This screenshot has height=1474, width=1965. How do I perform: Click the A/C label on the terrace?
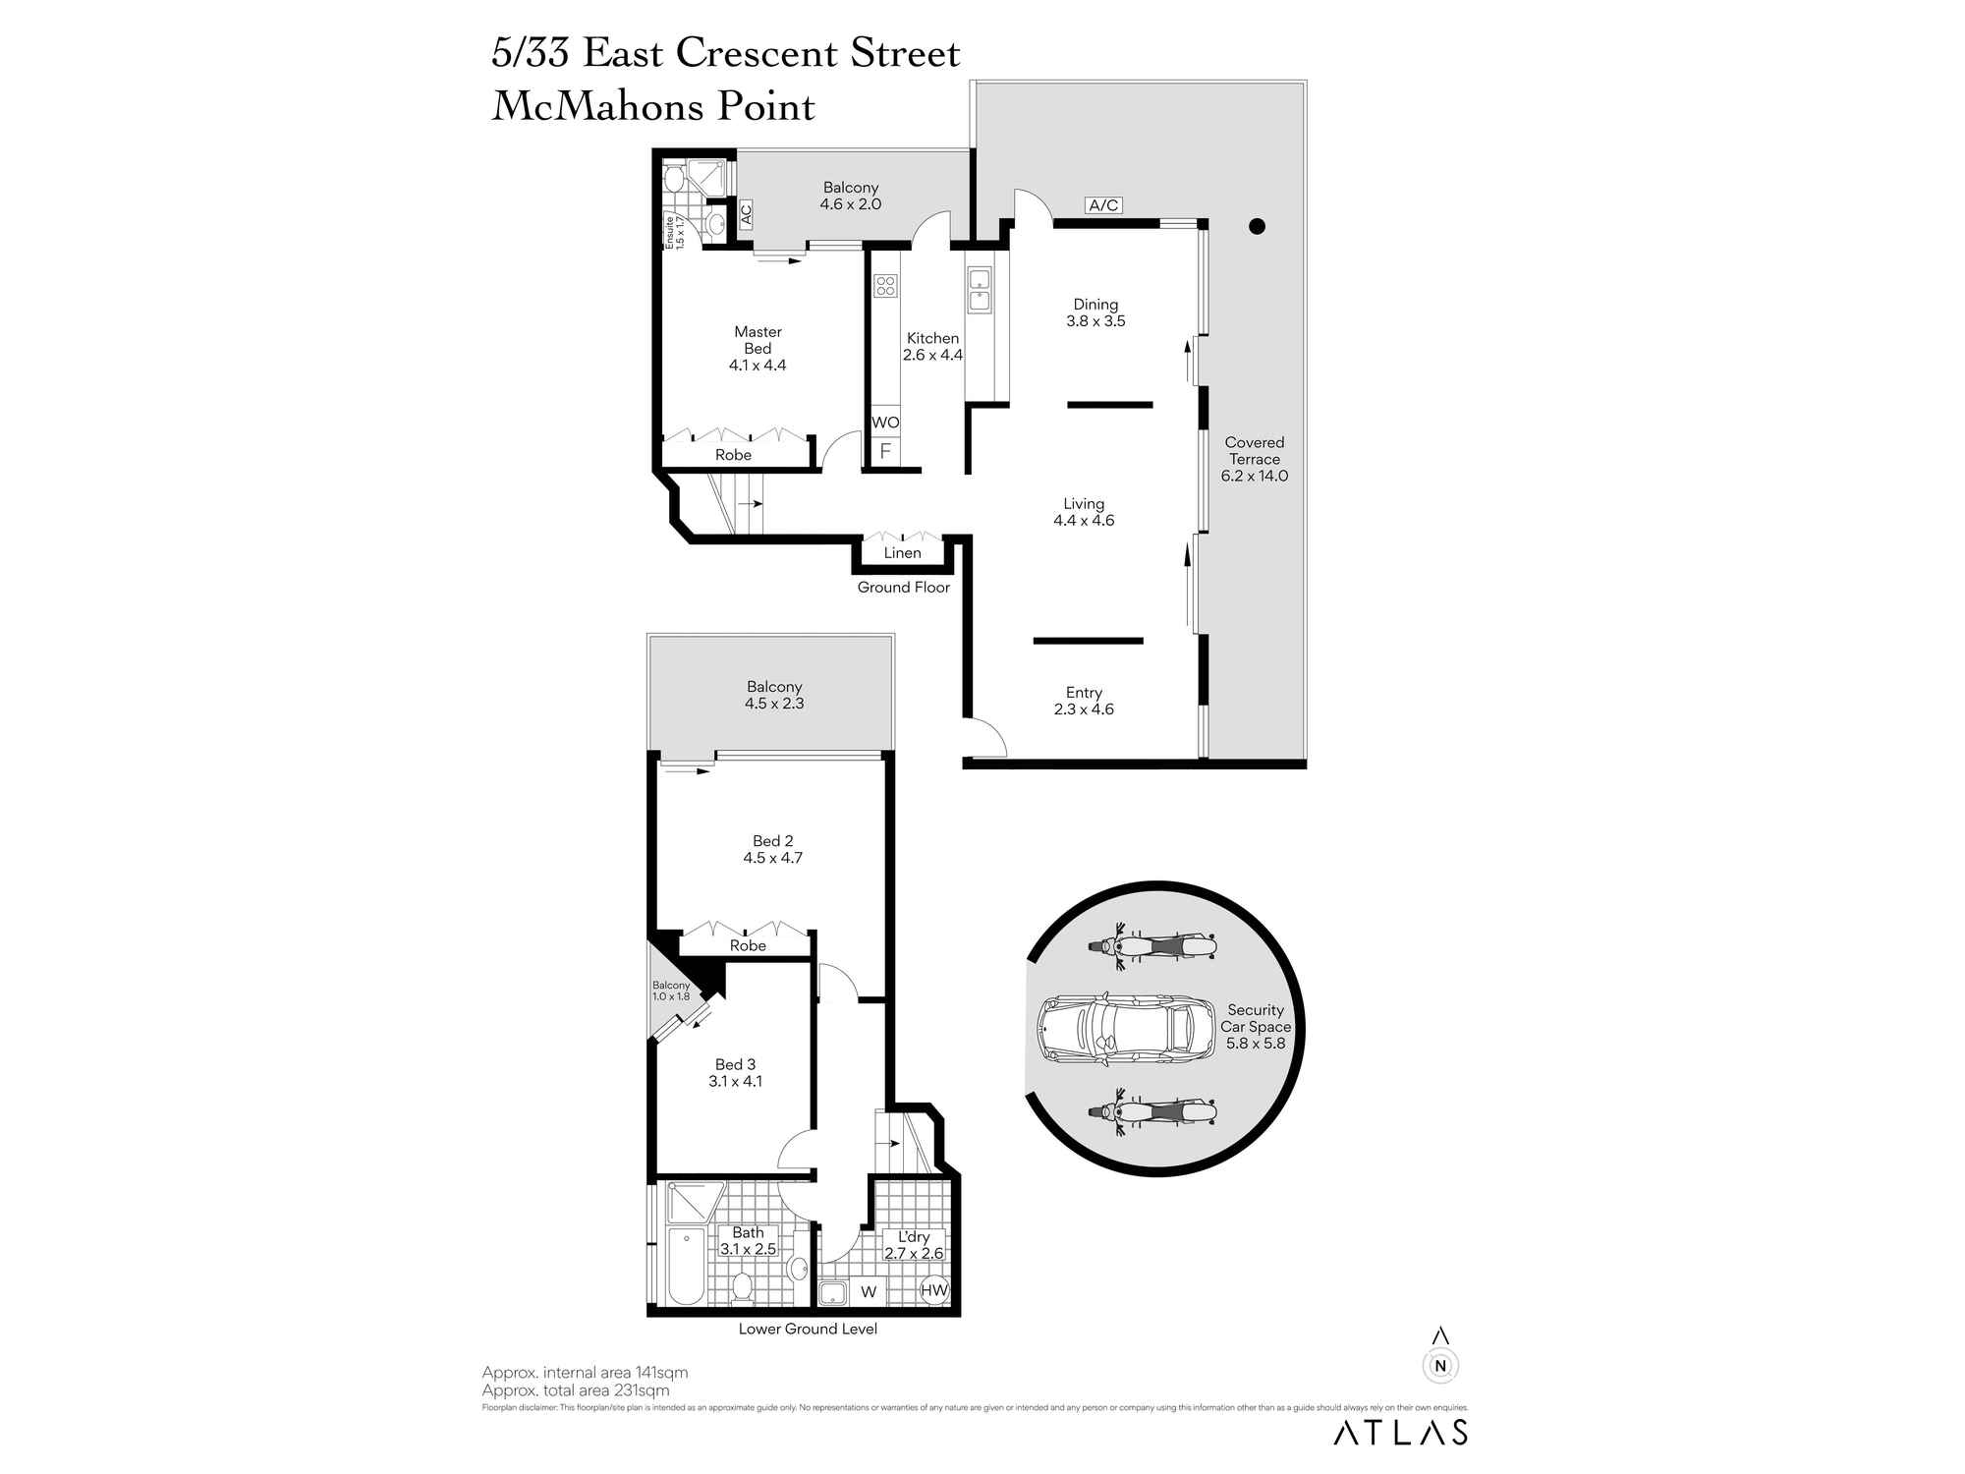click(x=1103, y=205)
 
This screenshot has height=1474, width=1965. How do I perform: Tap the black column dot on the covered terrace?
click(x=1256, y=226)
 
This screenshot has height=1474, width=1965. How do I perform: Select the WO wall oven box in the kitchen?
click(x=885, y=423)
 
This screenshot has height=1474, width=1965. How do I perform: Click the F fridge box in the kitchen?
click(x=885, y=452)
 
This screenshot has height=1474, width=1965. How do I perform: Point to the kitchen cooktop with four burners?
click(x=885, y=286)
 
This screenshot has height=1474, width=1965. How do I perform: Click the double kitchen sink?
click(x=980, y=289)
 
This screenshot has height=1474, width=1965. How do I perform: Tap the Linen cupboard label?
click(x=902, y=553)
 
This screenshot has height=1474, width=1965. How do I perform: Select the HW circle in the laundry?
click(x=933, y=1290)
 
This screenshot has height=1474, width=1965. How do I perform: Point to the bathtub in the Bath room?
click(x=686, y=1265)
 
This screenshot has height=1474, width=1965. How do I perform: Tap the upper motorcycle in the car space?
click(x=1151, y=946)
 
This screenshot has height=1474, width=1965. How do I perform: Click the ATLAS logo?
click(x=1400, y=1432)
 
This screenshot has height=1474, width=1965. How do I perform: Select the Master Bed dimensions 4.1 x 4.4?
click(x=757, y=366)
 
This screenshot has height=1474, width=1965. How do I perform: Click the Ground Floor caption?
click(x=903, y=588)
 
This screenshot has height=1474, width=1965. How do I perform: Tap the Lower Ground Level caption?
click(x=808, y=1330)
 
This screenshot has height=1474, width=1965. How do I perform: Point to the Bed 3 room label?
click(x=735, y=1064)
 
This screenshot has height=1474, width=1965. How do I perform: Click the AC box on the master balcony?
click(x=746, y=213)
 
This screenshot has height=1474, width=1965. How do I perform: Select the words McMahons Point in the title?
click(x=653, y=107)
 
